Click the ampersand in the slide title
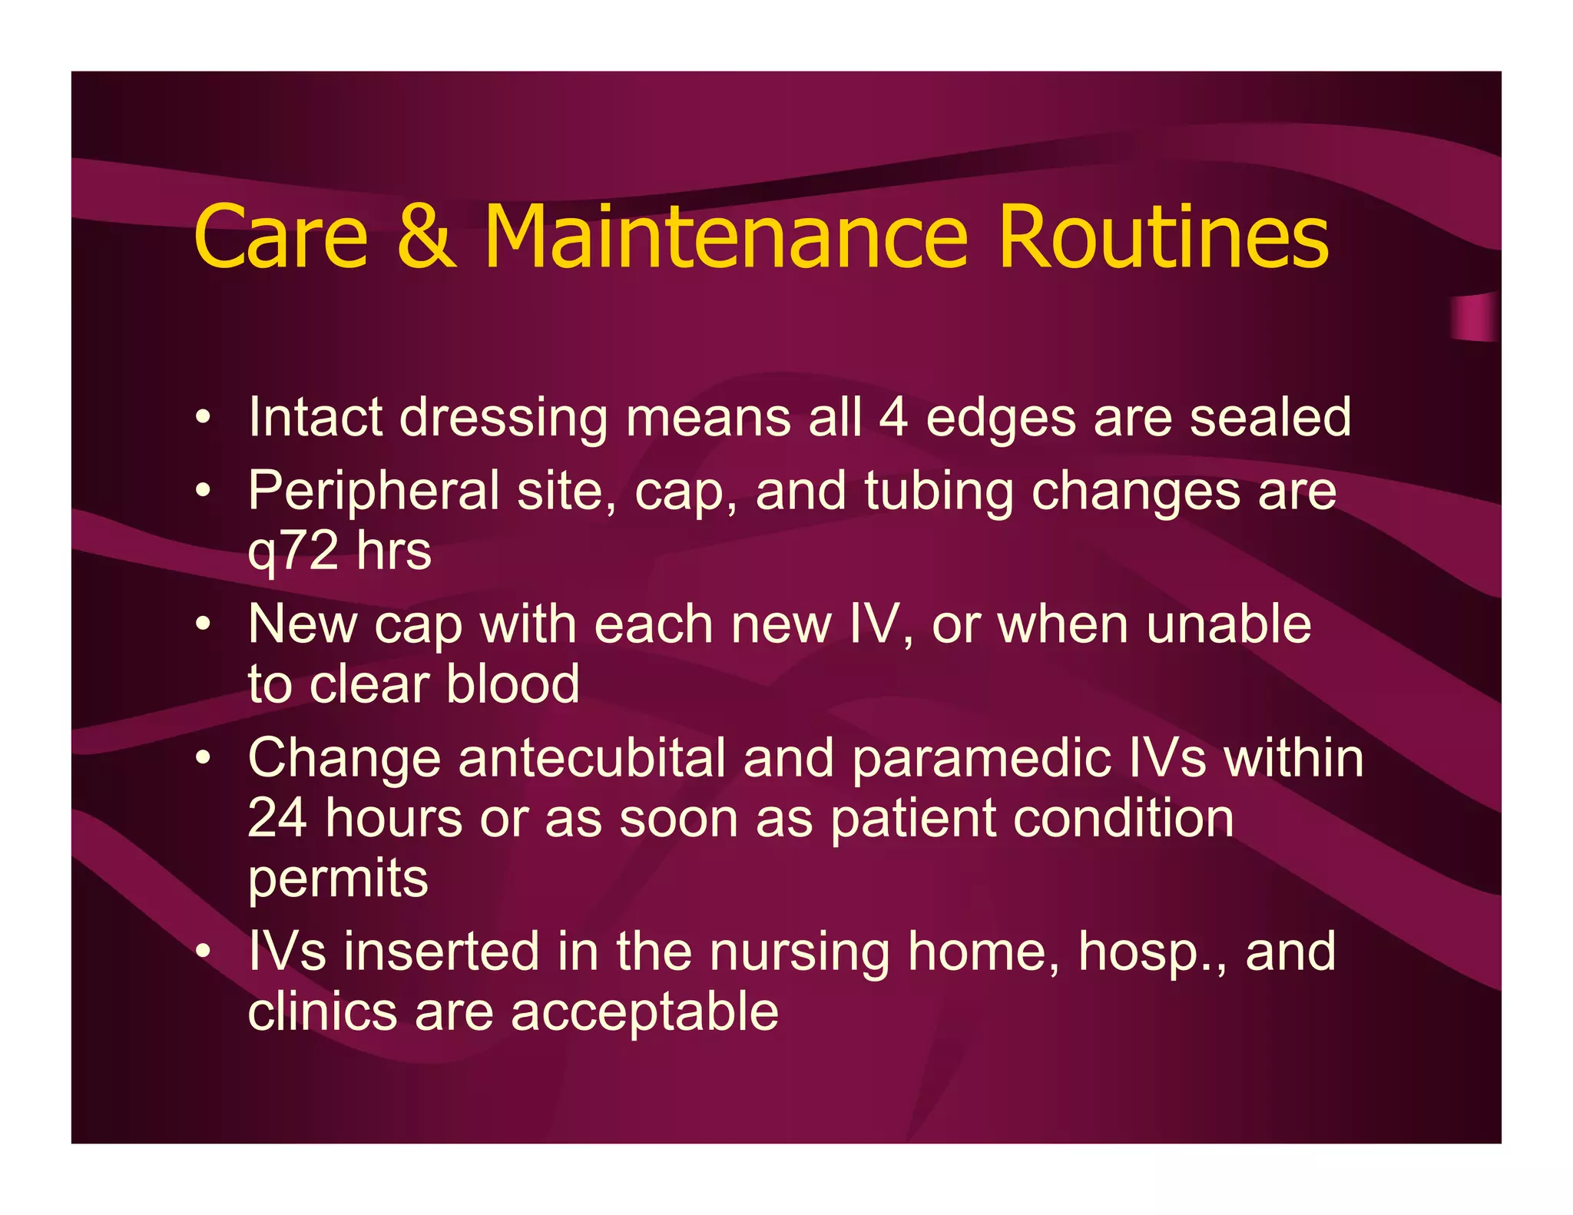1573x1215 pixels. coord(426,237)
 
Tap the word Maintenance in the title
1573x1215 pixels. coord(725,237)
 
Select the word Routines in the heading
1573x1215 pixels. coord(1163,237)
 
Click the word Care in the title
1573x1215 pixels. coord(281,237)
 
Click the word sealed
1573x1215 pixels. coord(1270,419)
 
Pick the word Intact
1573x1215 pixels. coord(315,419)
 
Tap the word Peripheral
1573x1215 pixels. coord(373,492)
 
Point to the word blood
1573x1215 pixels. coord(512,684)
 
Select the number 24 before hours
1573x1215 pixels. coord(277,818)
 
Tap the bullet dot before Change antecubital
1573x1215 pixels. coord(202,759)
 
